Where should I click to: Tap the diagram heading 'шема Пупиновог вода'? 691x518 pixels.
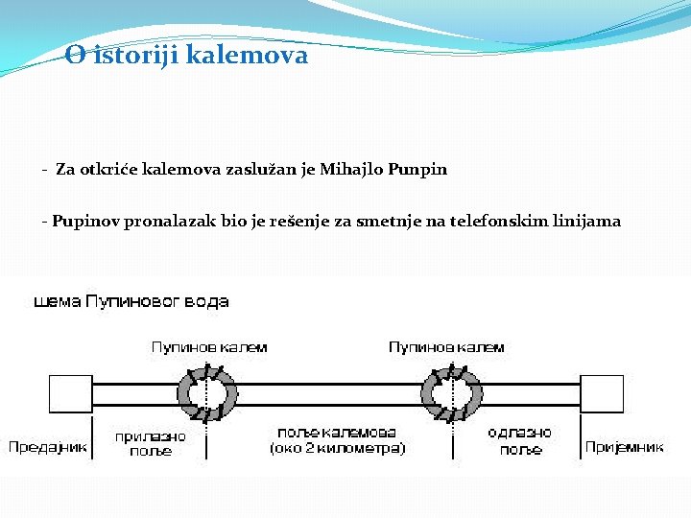[131, 302]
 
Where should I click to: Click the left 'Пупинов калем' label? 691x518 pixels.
[209, 347]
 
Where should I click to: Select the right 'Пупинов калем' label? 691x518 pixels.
[446, 347]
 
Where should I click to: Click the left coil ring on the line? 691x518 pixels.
[206, 394]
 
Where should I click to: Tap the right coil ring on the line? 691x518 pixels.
[449, 394]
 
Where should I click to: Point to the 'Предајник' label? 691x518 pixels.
[48, 447]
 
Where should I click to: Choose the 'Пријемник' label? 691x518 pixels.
[625, 447]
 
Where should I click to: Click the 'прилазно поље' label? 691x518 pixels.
[150, 442]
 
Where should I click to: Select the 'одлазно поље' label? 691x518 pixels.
[520, 441]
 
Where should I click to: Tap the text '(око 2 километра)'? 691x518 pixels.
[338, 449]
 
